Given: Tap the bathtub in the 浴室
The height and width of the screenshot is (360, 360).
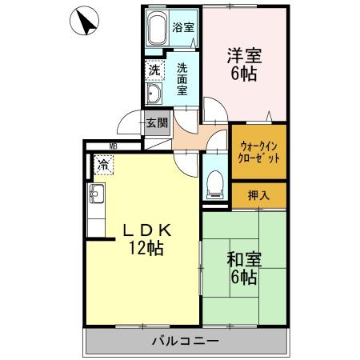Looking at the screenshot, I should pyautogui.click(x=158, y=30).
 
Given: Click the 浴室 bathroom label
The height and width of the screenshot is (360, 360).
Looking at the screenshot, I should pyautogui.click(x=183, y=27).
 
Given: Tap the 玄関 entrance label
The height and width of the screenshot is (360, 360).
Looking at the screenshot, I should pyautogui.click(x=157, y=123).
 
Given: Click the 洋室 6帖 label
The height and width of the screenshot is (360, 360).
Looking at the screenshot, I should pyautogui.click(x=244, y=63).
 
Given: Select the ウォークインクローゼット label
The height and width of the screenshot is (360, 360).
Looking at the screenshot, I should pyautogui.click(x=259, y=152).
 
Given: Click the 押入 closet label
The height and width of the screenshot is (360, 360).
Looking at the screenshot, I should pyautogui.click(x=259, y=194).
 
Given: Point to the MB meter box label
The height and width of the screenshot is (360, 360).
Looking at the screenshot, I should pyautogui.click(x=114, y=146).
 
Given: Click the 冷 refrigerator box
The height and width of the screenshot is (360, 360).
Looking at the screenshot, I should pyautogui.click(x=104, y=166).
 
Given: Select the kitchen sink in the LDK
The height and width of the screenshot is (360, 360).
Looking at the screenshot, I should pyautogui.click(x=97, y=194).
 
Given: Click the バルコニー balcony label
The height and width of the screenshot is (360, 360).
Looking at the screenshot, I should pyautogui.click(x=185, y=342).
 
